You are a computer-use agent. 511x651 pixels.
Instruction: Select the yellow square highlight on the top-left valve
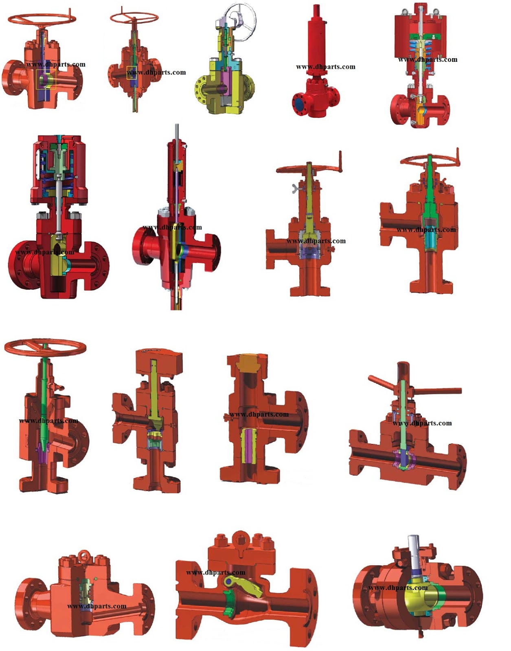click(46, 79)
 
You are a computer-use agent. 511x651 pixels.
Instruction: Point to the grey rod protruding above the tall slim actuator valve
click(177, 132)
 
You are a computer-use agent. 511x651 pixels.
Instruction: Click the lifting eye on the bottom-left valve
click(85, 554)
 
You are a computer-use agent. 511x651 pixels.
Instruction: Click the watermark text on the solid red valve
click(325, 67)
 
